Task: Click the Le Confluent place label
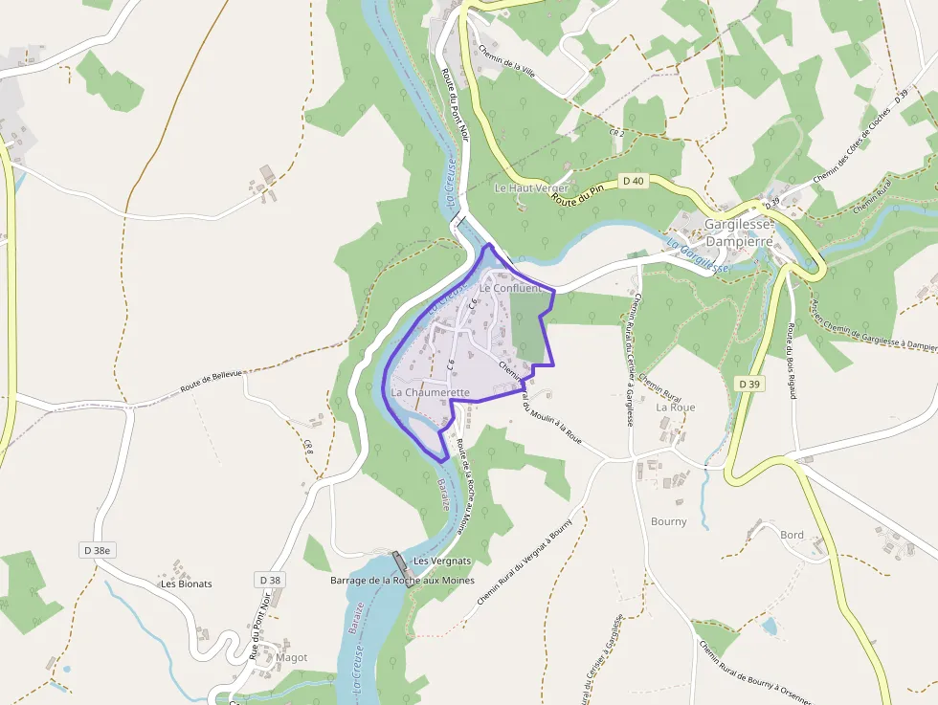coord(510,287)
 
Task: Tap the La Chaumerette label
coord(430,392)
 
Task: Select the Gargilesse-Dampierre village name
coord(737,232)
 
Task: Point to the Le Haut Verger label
coord(531,188)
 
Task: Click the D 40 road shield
coord(633,180)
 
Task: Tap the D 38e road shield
coord(96,550)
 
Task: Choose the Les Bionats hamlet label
coord(187,584)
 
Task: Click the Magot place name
coord(291,657)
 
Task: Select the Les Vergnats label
coord(441,561)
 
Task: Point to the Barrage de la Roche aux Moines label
coord(402,581)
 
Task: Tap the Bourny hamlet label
coord(668,521)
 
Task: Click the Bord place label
coord(792,535)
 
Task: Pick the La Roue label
coord(675,407)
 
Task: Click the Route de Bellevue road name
coord(212,384)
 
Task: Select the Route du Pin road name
coord(579,195)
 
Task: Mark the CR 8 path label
coord(308,446)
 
